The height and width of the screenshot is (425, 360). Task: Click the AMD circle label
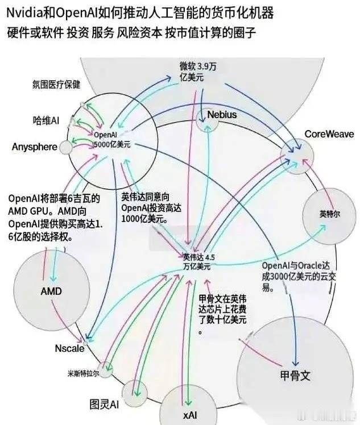tap(51, 291)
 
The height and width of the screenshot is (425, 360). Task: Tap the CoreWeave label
tap(329, 134)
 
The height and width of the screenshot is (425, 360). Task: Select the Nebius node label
tap(222, 115)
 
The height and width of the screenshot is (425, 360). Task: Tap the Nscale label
tap(69, 348)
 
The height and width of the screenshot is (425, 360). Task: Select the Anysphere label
tap(34, 147)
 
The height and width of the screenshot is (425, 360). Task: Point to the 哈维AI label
tap(46, 120)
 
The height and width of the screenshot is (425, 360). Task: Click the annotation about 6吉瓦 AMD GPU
tap(54, 216)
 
